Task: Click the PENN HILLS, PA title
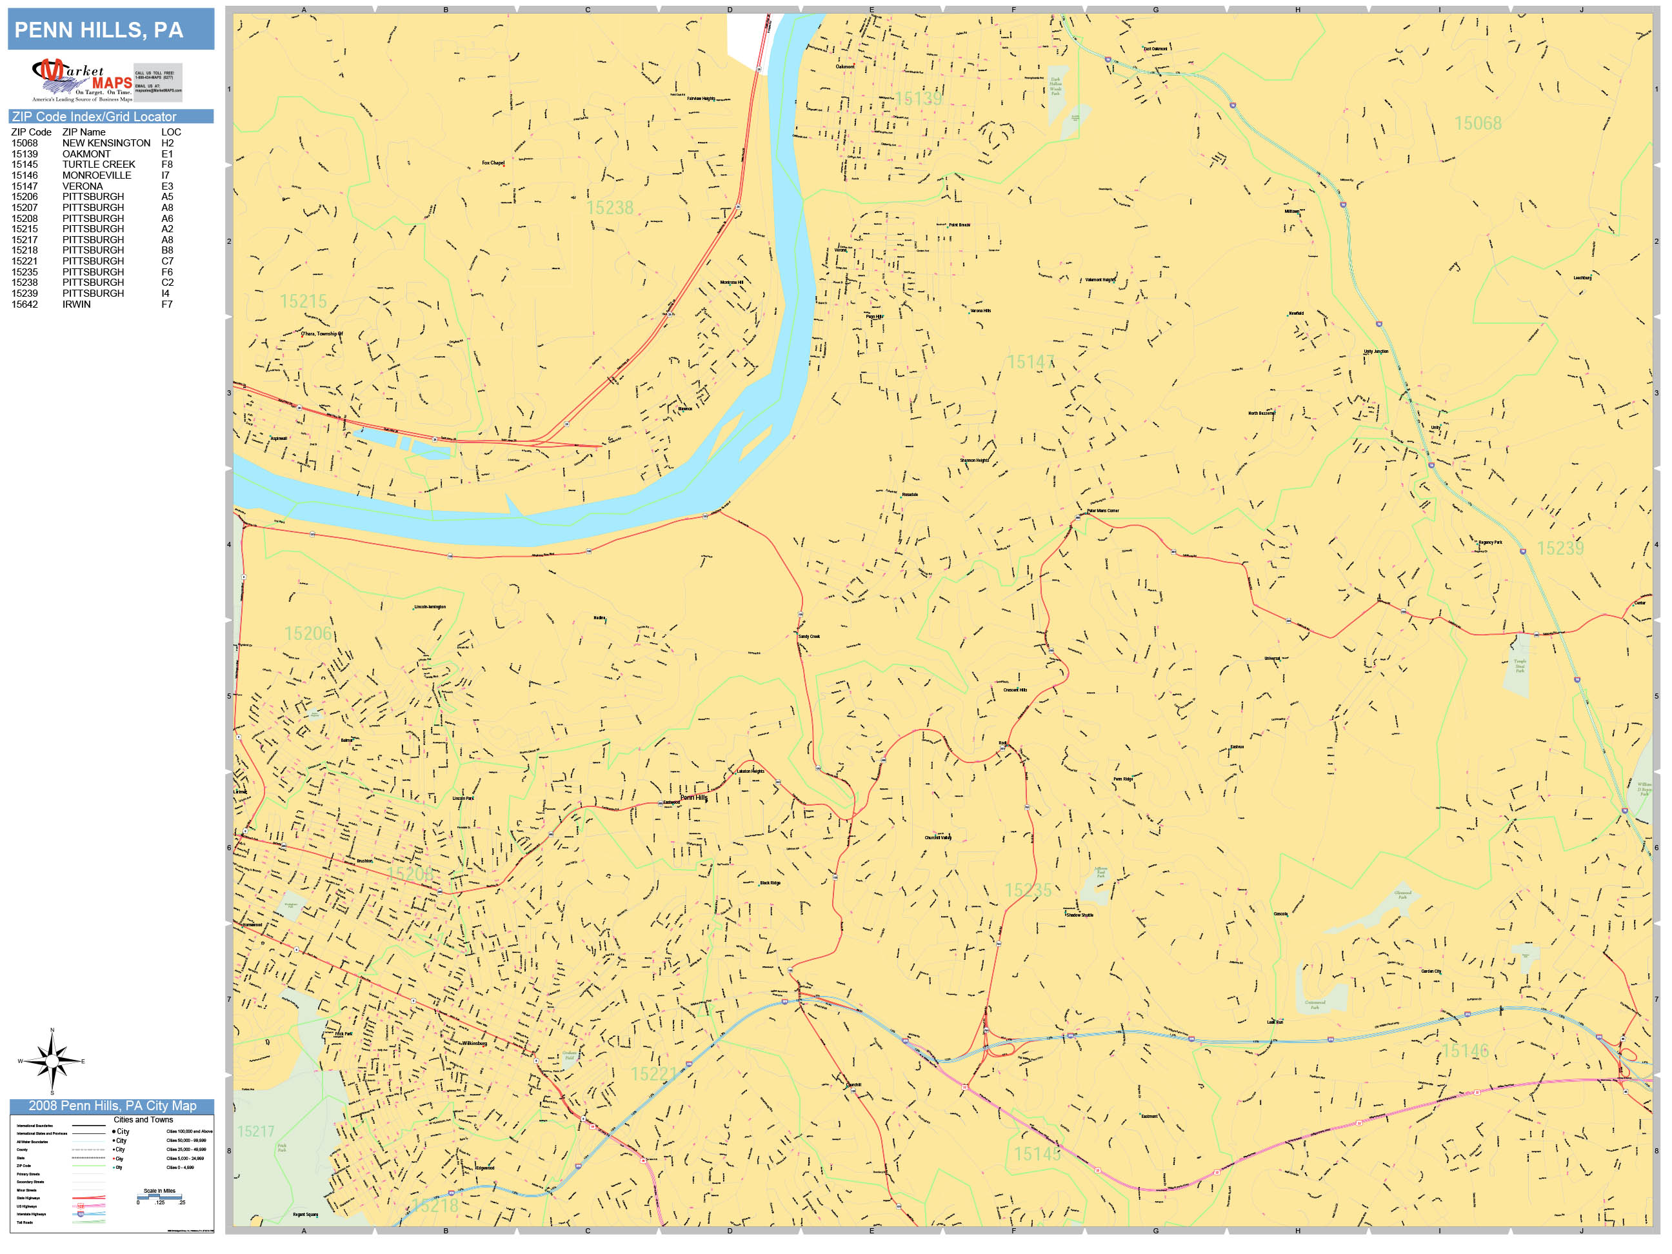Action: (x=99, y=30)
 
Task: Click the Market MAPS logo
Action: (x=82, y=80)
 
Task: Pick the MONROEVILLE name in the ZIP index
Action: (x=97, y=175)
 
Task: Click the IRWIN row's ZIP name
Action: (x=76, y=304)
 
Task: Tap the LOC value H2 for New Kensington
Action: (x=167, y=143)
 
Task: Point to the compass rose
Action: (x=52, y=1061)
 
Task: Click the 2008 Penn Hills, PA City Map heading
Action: (x=112, y=1106)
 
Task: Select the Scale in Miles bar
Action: (x=159, y=1197)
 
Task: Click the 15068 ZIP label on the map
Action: (x=1478, y=123)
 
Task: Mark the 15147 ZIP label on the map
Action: (x=1030, y=362)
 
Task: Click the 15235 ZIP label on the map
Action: (x=1028, y=890)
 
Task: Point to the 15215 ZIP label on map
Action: (x=303, y=302)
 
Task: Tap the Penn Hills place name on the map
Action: (x=693, y=797)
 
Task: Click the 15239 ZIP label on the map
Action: (x=1560, y=548)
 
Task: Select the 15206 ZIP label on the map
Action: (x=308, y=633)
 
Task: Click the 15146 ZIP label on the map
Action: (x=1465, y=1051)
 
